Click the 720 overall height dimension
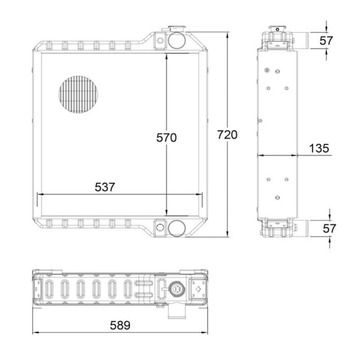227,135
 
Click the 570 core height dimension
166,138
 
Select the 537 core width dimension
105,187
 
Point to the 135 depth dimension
319,148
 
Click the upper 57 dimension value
326,40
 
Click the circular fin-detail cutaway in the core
78,94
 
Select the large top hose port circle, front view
175,40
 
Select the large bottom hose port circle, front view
175,228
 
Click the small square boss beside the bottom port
160,226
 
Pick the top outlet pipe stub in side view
301,40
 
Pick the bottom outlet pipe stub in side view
301,228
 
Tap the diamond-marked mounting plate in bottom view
197,288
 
